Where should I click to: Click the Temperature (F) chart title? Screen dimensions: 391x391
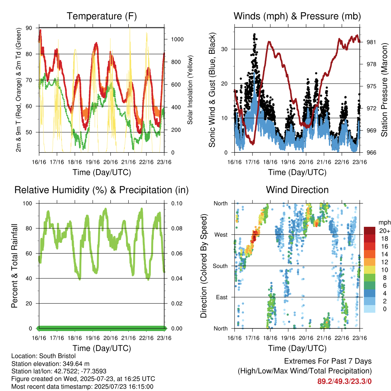(x=102, y=16)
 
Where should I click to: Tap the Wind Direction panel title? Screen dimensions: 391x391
(x=297, y=190)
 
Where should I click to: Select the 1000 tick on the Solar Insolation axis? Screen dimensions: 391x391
(x=177, y=39)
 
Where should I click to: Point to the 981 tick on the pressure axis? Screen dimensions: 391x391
(x=371, y=42)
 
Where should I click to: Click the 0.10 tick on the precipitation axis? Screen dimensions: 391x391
(x=177, y=204)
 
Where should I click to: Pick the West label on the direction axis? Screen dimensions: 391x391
(x=221, y=235)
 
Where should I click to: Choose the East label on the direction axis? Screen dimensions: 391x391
(x=222, y=297)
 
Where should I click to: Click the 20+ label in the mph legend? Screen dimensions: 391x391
(x=385, y=231)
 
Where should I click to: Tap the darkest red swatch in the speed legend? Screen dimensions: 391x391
(x=370, y=231)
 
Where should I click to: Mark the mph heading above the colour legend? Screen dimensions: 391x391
(x=385, y=223)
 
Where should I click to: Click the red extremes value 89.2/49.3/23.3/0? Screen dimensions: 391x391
(x=344, y=381)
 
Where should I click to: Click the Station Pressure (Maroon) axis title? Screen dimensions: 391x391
(x=384, y=90)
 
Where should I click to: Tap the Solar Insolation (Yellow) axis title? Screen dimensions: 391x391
(x=190, y=90)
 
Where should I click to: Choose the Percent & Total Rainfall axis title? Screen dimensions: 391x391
(x=15, y=266)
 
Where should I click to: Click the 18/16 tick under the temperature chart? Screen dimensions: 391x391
(x=75, y=162)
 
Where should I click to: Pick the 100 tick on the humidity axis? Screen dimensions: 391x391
(x=27, y=204)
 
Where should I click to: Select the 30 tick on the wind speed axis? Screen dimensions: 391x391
(x=225, y=49)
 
